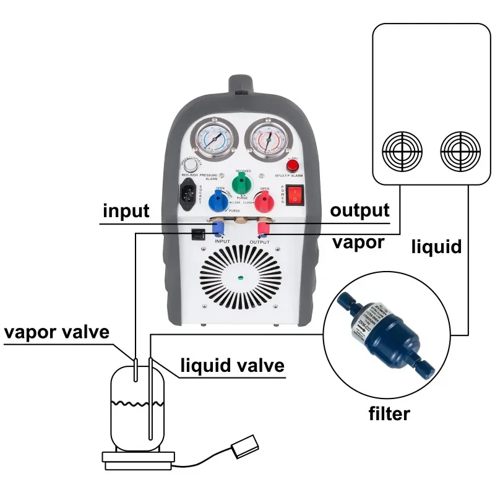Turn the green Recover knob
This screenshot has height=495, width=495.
pyautogui.click(x=240, y=183)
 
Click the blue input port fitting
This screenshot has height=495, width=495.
pyautogui.click(x=217, y=229)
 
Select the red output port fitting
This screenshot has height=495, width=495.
pyautogui.click(x=262, y=230)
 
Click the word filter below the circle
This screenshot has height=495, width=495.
pyautogui.click(x=389, y=413)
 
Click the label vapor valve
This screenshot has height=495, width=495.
pyautogui.click(x=57, y=332)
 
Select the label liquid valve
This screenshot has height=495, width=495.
pyautogui.click(x=232, y=365)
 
